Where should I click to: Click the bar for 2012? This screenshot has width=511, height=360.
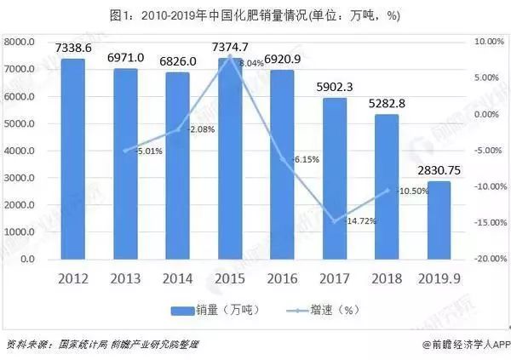coord(73,158)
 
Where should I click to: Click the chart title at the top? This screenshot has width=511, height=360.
coord(255,15)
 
